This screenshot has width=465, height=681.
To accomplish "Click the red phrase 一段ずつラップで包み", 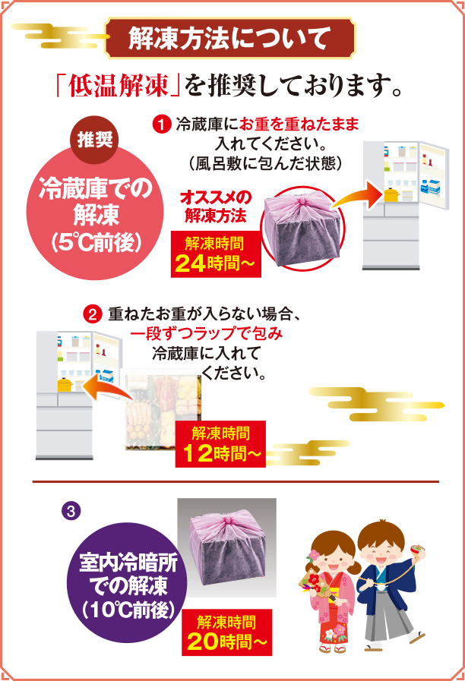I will [x=207, y=335].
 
